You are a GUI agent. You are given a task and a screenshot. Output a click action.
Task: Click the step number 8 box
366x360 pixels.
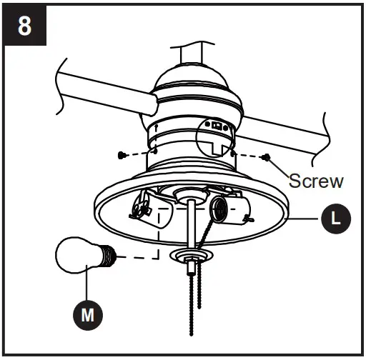(25, 26)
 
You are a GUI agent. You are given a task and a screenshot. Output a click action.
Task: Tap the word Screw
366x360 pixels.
(316, 181)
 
